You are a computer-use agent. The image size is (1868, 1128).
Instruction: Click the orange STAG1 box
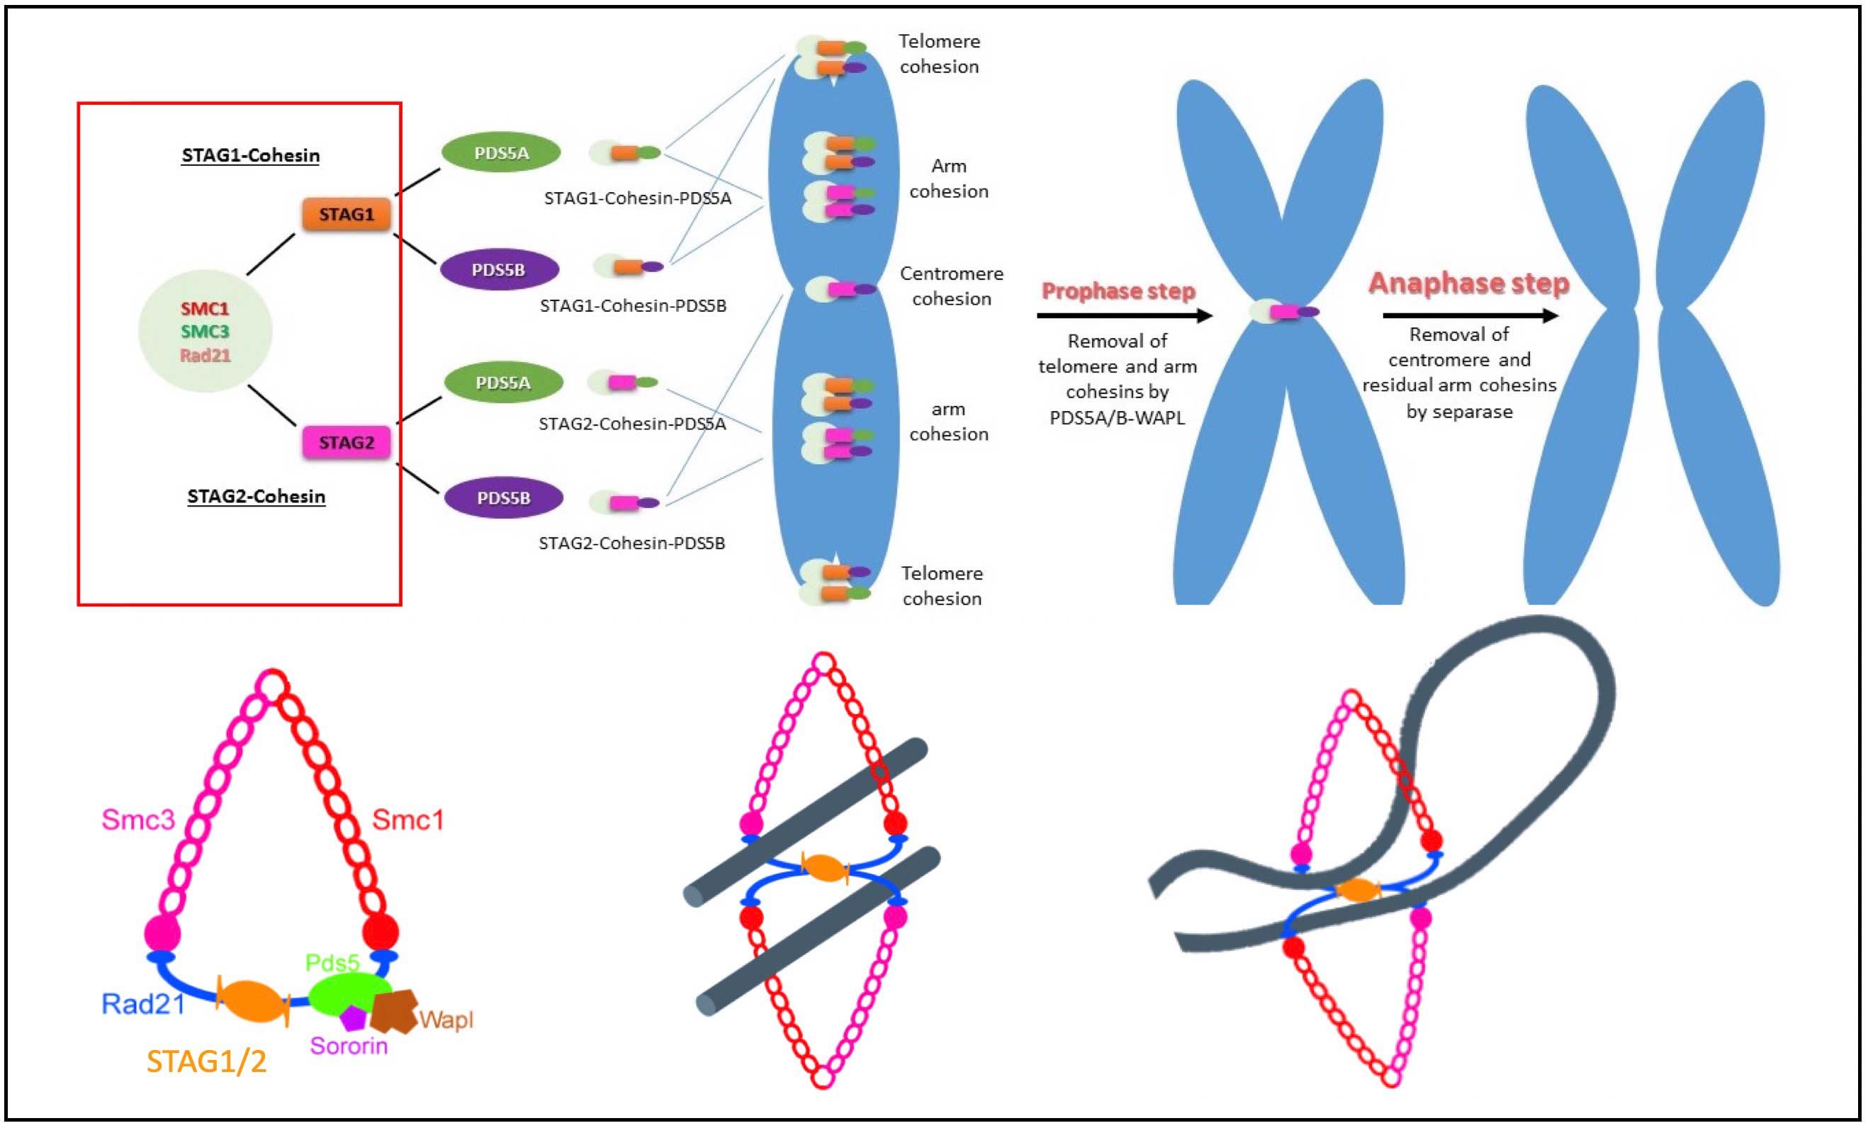coord(347,214)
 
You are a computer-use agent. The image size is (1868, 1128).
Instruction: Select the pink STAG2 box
coord(347,443)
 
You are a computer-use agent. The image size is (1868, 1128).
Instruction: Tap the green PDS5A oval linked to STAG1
coord(501,152)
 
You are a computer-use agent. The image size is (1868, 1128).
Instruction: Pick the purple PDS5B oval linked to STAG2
coord(503,498)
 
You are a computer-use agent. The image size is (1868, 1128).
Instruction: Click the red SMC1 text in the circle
coord(205,308)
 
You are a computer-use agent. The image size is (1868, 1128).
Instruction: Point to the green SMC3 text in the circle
coord(205,332)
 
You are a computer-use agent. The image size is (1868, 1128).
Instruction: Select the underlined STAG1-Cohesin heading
coord(250,155)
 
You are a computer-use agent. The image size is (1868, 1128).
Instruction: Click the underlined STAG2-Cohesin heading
coord(257,497)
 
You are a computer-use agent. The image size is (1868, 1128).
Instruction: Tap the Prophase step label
coord(1118,291)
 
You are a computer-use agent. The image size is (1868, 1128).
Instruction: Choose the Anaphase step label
coord(1468,283)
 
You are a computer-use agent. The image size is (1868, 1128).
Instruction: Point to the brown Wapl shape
coord(394,1010)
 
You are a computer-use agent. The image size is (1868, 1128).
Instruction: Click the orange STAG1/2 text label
coord(206,1061)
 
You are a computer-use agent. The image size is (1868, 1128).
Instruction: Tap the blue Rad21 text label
coord(143,1004)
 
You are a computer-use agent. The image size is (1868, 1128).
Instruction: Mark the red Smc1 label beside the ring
coord(408,820)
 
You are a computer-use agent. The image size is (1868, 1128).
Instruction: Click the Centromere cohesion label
coord(952,286)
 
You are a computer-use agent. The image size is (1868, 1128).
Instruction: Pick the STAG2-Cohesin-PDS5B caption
coord(631,543)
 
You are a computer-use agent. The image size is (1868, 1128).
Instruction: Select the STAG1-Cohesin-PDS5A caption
coord(638,198)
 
